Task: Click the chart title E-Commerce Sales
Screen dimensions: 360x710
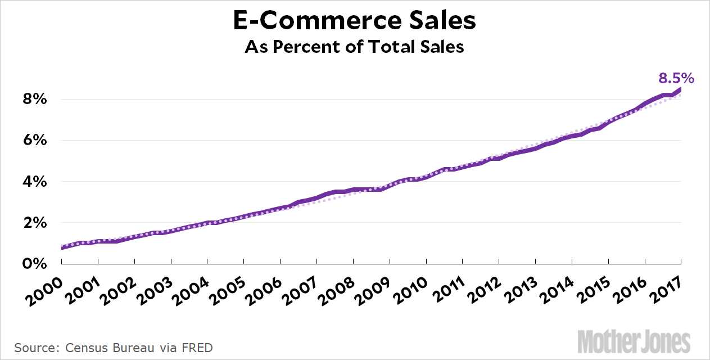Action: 354,21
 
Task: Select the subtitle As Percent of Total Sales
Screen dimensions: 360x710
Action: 354,47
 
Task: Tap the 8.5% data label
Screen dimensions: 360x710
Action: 676,78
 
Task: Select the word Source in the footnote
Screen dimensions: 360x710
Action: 33,348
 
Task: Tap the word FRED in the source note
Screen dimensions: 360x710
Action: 197,348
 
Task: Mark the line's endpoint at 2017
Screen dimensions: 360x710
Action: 681,88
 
